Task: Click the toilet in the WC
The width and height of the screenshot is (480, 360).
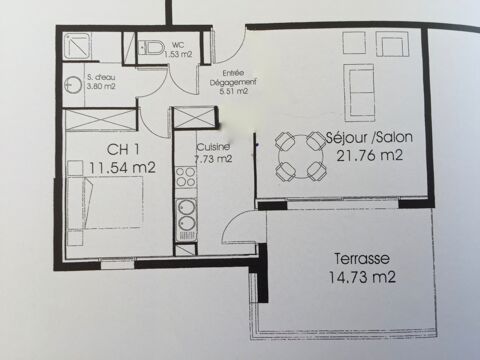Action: (151, 48)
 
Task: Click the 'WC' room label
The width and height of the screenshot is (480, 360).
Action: (177, 45)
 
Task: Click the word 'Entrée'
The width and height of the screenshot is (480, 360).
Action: (233, 72)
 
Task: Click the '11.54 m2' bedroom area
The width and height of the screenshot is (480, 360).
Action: (118, 169)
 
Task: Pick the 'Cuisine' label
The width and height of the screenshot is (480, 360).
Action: (213, 147)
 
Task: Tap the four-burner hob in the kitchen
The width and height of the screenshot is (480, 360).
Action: (185, 177)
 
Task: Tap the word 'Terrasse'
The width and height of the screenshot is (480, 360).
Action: (363, 258)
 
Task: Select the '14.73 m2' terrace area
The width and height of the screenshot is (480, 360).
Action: (362, 278)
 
